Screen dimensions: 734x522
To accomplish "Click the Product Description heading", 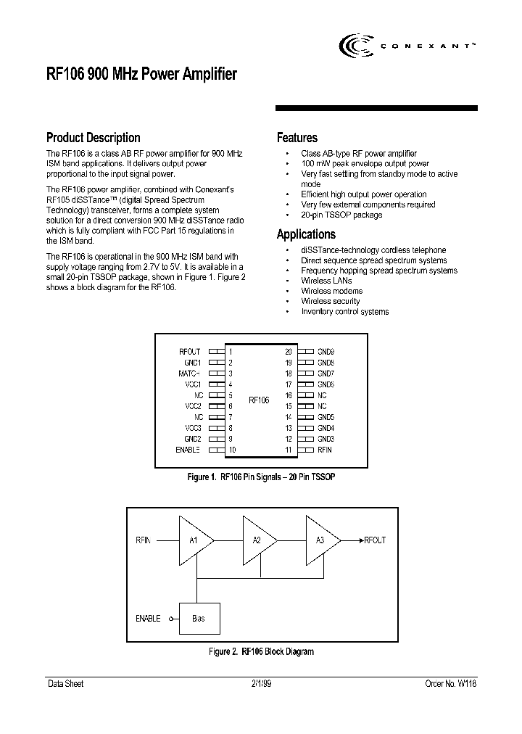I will pos(93,138).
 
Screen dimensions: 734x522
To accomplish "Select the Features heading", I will pos(297,138).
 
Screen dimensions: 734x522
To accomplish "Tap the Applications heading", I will pos(306,234).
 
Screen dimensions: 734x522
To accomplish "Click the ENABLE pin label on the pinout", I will pos(188,450).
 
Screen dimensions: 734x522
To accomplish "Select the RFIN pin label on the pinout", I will pos(325,450).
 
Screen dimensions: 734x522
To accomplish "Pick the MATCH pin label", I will pos(189,374).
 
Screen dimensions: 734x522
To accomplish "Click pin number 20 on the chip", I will pos(288,351).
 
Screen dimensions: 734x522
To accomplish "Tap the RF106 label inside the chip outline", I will pos(259,400).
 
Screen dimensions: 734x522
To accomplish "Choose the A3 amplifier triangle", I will pos(320,540).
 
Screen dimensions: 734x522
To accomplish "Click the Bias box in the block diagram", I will pos(199,619).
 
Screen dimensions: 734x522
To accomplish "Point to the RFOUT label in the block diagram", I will pos(375,540).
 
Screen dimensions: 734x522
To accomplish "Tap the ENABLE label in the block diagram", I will pos(148,619).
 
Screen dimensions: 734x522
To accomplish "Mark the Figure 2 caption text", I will pos(261,652).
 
